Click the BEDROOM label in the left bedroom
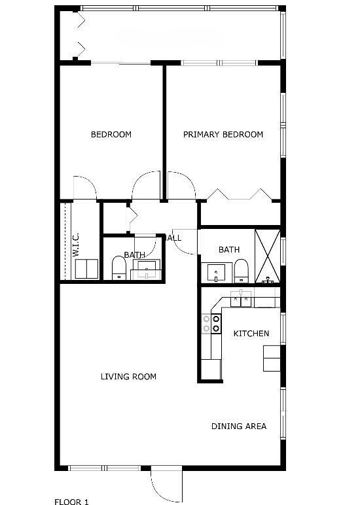[111, 135]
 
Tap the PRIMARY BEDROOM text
[223, 135]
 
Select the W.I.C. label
[75, 243]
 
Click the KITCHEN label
[251, 334]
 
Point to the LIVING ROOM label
[128, 377]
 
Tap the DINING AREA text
[238, 427]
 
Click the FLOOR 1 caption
[71, 502]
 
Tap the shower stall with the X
[267, 256]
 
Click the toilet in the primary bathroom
[242, 270]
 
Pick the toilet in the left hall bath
[118, 267]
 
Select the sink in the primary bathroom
[215, 271]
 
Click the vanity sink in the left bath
[146, 268]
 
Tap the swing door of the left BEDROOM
[85, 188]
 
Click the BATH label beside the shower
[229, 250]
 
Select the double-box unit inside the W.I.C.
[86, 269]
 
